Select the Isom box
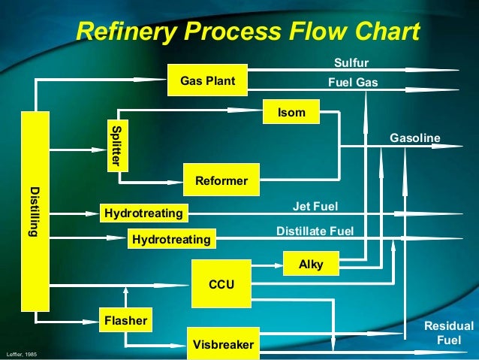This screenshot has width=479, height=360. (291, 112)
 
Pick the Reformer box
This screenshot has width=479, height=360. (221, 180)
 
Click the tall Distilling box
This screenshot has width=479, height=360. (35, 211)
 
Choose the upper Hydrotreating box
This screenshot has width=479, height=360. (143, 214)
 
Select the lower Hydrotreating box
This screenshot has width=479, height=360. (171, 239)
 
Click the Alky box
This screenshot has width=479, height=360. (311, 265)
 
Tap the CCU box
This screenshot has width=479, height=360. (221, 284)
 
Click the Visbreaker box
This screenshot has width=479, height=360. (223, 344)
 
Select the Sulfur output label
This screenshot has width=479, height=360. (351, 62)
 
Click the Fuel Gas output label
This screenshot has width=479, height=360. (353, 82)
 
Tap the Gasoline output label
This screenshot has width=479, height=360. (414, 138)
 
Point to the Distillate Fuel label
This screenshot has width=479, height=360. (315, 231)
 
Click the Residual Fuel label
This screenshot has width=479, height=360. (449, 333)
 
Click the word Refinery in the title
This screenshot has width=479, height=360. (125, 32)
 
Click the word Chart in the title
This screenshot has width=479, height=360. (386, 32)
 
